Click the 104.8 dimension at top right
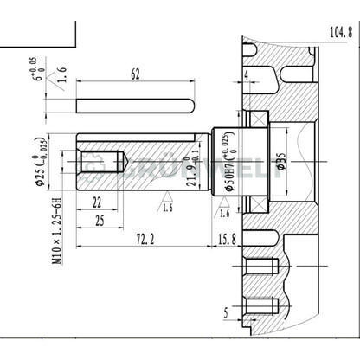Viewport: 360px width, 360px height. pyautogui.click(x=338, y=32)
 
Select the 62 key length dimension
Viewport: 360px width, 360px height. pyautogui.click(x=134, y=75)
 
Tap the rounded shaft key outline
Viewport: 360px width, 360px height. pyautogui.click(x=134, y=106)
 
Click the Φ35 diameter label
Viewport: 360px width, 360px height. pyautogui.click(x=280, y=161)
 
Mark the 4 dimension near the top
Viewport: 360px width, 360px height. pyautogui.click(x=247, y=76)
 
